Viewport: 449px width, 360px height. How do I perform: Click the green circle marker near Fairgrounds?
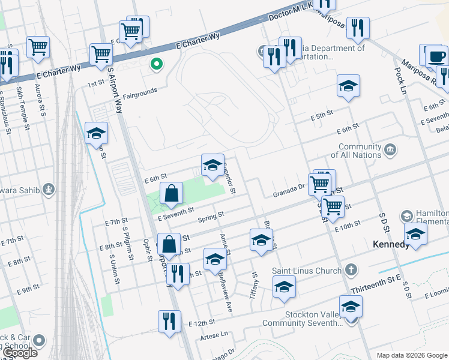(157, 64)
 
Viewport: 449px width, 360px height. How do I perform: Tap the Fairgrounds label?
(140, 91)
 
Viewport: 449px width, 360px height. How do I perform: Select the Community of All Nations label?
(360, 151)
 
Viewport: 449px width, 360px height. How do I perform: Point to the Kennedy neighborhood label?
(391, 245)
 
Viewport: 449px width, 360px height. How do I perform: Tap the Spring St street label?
(211, 215)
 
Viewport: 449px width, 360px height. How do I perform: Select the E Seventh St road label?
(176, 210)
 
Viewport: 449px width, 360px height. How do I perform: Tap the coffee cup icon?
(436, 57)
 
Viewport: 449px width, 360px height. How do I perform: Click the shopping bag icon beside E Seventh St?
(172, 194)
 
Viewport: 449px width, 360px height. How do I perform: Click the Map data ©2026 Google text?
(412, 355)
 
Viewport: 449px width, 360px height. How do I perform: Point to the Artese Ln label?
(217, 334)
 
